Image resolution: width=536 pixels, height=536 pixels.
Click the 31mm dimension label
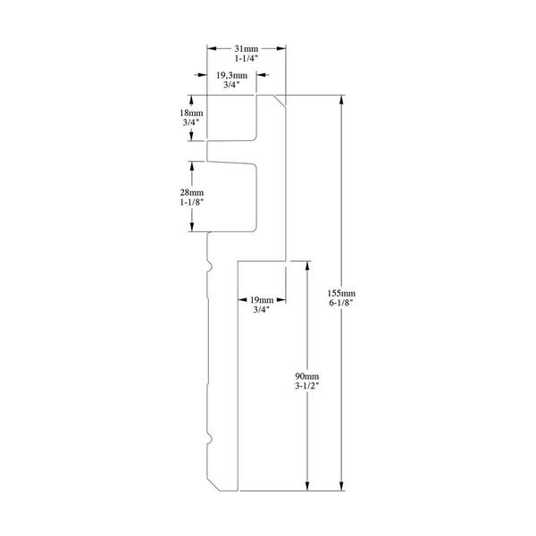tap(247, 48)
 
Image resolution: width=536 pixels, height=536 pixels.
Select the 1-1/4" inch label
tap(247, 58)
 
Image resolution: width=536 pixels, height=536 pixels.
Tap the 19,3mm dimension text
tap(231, 75)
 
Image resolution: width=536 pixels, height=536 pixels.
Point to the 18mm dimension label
tap(191, 113)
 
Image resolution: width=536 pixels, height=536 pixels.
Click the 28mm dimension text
tap(192, 192)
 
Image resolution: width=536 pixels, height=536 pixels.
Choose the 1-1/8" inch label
tap(192, 203)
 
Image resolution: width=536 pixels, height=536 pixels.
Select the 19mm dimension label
tap(262, 300)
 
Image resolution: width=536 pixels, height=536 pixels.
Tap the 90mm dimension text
tap(307, 376)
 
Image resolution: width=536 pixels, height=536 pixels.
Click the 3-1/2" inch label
tap(307, 386)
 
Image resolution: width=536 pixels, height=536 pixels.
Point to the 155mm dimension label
tap(341, 293)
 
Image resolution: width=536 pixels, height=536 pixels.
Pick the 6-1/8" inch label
tap(341, 303)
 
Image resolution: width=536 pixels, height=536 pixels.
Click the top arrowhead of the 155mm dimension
tap(341, 100)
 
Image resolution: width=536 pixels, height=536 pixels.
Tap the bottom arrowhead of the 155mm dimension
tap(341, 486)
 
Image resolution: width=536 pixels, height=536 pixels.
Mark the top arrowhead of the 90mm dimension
tap(307, 266)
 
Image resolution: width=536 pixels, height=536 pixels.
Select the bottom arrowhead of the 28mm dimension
tap(192, 227)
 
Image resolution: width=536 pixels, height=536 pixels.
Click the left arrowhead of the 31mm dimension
tap(212, 48)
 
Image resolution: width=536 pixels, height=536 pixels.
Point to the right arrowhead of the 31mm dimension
tap(281, 48)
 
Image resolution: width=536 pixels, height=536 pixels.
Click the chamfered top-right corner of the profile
tap(280, 100)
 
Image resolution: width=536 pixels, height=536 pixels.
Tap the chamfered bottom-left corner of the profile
tap(213, 485)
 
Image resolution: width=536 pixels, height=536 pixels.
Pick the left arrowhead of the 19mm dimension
tap(242, 300)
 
